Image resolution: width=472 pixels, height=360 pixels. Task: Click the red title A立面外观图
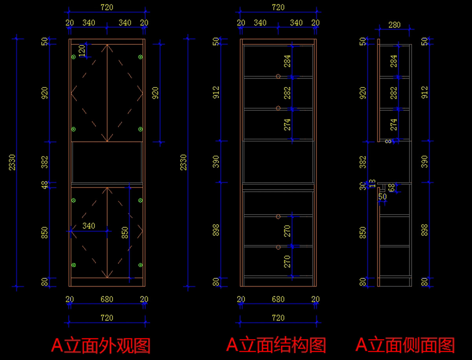[x=101, y=345]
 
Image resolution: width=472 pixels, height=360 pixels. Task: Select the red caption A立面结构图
[x=276, y=345]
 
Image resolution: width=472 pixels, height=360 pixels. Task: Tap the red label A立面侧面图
[x=405, y=345]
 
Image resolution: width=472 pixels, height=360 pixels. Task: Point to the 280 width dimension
[x=394, y=25]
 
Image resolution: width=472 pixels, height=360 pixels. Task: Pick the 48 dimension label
[x=44, y=185]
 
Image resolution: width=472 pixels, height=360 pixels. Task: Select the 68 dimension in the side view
[x=391, y=188]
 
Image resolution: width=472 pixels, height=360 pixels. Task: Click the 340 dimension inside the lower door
[x=89, y=226]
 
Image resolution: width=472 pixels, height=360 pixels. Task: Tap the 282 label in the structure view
[x=288, y=93]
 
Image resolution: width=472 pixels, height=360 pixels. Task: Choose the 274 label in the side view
[x=393, y=125]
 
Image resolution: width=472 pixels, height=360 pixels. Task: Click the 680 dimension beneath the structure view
[x=278, y=299]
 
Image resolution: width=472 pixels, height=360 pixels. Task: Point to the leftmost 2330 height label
[x=12, y=162]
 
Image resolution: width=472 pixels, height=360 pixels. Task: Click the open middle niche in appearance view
[x=107, y=162]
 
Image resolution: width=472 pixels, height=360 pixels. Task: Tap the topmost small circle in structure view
[x=278, y=77]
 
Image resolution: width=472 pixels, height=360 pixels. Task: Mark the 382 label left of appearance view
[x=44, y=162]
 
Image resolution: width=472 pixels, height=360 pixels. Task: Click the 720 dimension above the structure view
[x=278, y=7]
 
